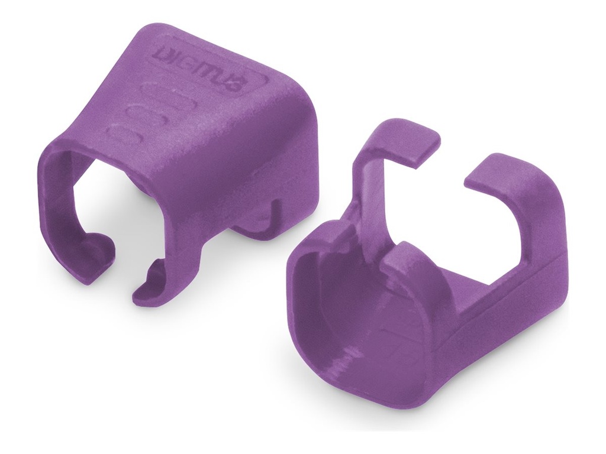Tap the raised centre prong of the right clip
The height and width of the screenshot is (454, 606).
402,260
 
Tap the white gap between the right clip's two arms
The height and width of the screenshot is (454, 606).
450,225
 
